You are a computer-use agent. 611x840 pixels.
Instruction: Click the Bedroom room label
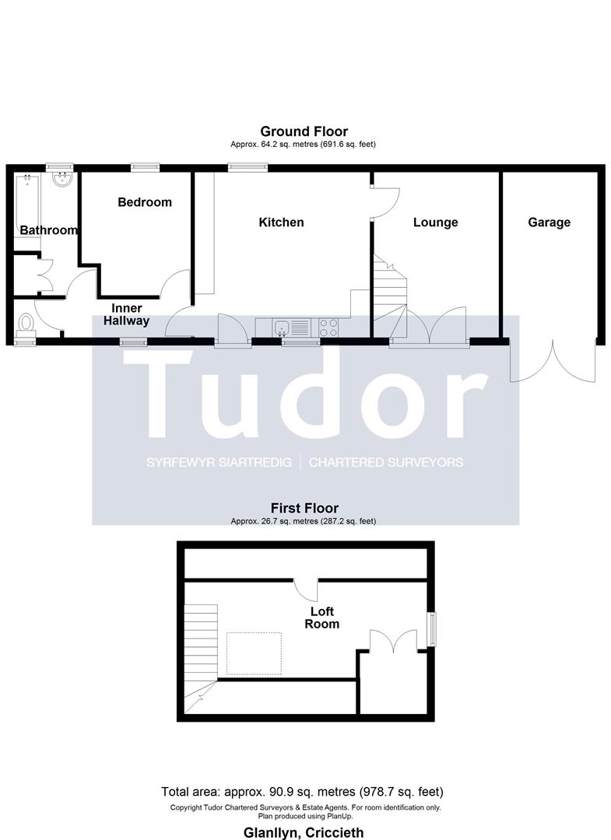click(145, 202)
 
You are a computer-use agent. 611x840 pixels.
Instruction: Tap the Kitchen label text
click(281, 222)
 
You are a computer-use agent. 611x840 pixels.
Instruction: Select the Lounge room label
click(435, 222)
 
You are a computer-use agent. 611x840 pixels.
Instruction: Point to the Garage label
click(549, 222)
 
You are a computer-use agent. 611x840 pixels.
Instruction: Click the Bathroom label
click(49, 230)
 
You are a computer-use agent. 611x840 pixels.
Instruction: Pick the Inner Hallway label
click(127, 314)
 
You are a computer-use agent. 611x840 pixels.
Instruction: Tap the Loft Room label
click(322, 618)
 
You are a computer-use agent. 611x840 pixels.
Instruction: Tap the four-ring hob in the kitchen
click(328, 327)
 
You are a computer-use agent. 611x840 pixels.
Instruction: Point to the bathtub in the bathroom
click(26, 211)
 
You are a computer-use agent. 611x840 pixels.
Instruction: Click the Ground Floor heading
click(304, 131)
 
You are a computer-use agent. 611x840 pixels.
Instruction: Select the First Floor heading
click(304, 508)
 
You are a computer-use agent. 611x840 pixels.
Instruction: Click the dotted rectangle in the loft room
click(254, 653)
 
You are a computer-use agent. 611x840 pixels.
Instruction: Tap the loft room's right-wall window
click(431, 630)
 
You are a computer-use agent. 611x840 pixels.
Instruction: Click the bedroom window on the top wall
click(146, 167)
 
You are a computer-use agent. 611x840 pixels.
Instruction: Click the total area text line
click(302, 792)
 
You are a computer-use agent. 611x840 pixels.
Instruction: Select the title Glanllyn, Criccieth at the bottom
click(304, 832)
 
